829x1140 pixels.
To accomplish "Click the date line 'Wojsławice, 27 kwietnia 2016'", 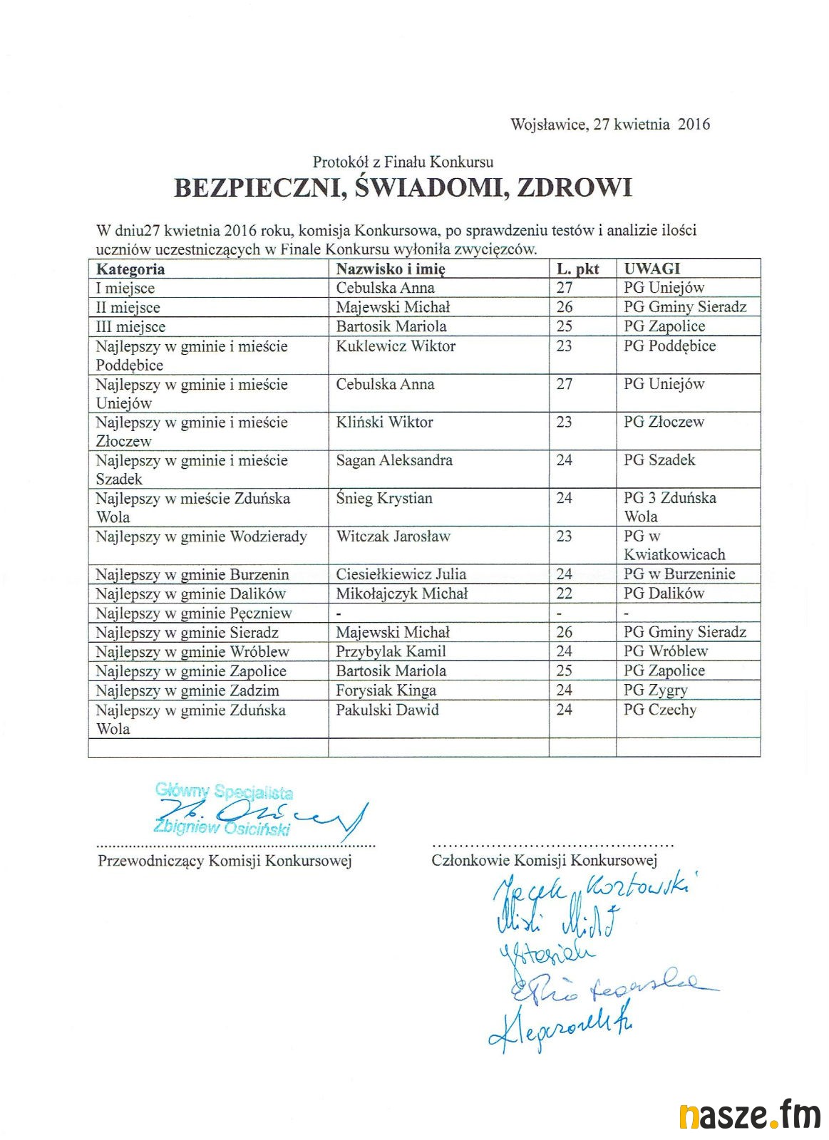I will [x=610, y=125].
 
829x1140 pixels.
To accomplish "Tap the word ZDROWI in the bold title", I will [x=574, y=187].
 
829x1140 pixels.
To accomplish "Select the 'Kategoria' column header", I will [x=130, y=269].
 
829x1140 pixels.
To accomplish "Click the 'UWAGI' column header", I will [x=652, y=269].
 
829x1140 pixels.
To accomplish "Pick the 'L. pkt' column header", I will [x=577, y=269].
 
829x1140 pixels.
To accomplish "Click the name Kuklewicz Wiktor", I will [x=396, y=346].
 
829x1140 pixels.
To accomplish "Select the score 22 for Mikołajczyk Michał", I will [x=565, y=594].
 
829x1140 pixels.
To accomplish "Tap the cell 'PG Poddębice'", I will [x=669, y=346].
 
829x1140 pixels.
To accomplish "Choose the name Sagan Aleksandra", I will [x=394, y=460].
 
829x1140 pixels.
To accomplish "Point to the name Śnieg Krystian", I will [x=384, y=498].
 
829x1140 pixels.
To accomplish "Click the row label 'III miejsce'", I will [x=130, y=327].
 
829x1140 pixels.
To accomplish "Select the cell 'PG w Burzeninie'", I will [x=679, y=574].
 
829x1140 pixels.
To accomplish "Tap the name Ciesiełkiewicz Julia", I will [x=401, y=574].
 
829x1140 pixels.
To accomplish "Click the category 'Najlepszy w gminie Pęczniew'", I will [x=194, y=613].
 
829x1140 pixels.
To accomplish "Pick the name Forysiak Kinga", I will [x=386, y=690].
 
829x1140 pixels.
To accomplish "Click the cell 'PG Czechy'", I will [x=660, y=710].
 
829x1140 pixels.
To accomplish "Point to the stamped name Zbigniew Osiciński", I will [x=222, y=829].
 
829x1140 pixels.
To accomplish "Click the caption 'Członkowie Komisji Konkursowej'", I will [x=544, y=861].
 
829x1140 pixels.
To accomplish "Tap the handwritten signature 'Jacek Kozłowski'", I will [x=592, y=891].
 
